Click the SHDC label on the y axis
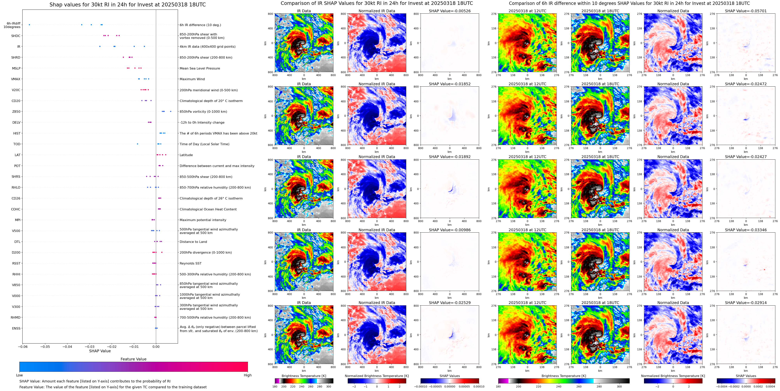[16, 36]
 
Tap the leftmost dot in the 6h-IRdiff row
[29, 25]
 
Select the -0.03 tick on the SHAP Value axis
[89, 346]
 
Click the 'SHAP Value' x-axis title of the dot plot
[100, 351]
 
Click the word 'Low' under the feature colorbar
[19, 375]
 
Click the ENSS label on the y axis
[16, 328]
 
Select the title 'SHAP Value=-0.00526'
[450, 11]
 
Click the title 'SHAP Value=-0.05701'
[746, 11]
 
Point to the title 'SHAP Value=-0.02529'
[450, 303]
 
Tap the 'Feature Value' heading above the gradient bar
[133, 359]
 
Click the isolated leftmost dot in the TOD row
[138, 144]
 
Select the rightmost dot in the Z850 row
[171, 111]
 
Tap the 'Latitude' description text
[186, 155]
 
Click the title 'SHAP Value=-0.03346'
[746, 230]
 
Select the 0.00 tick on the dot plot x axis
[156, 346]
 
